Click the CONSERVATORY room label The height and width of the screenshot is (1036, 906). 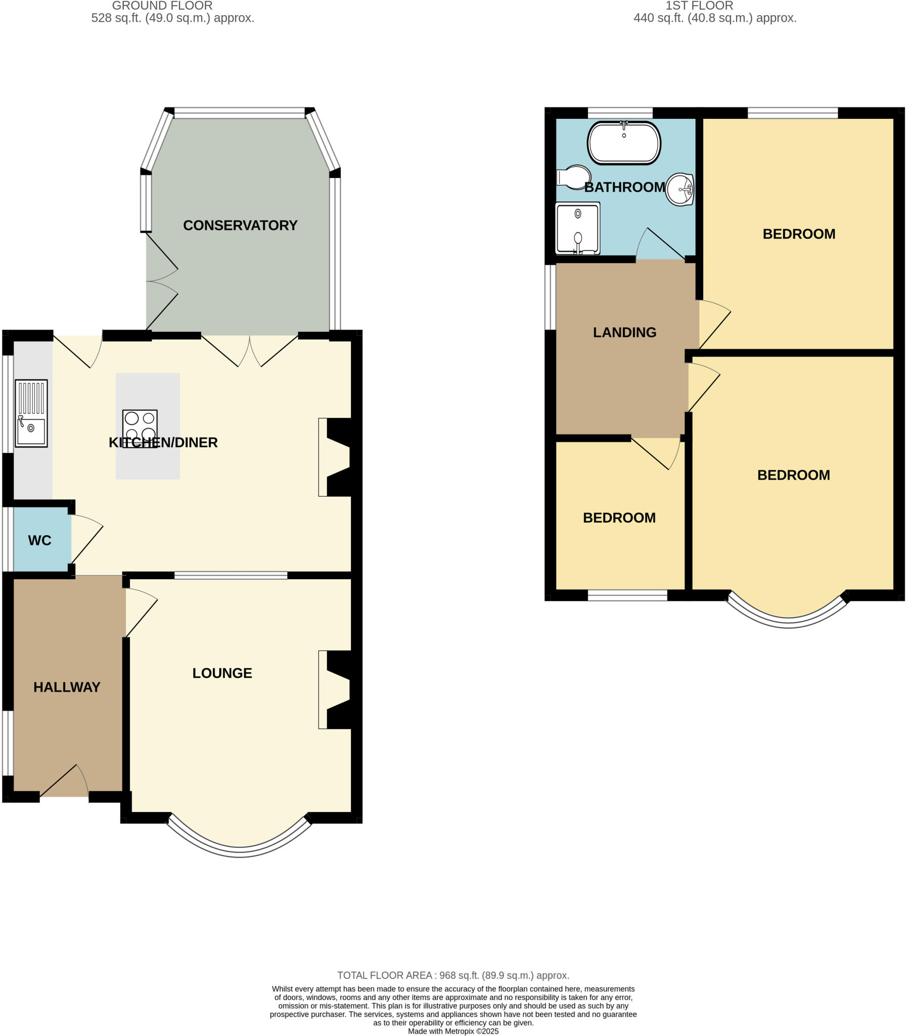[240, 226]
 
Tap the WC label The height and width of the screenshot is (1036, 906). [39, 541]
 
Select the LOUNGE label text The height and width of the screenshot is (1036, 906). [222, 673]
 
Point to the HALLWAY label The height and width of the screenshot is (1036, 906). [67, 687]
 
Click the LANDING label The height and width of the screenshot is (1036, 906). [624, 332]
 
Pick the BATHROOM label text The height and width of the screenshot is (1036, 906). [624, 188]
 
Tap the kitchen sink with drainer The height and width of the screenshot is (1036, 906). [31, 413]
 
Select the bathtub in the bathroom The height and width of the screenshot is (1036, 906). [624, 143]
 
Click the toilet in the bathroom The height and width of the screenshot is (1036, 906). [574, 177]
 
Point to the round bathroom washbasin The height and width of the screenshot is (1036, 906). [680, 190]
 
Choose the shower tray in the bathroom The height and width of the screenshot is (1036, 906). [577, 228]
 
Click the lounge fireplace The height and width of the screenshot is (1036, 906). [336, 689]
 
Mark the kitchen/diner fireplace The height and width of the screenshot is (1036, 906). [336, 457]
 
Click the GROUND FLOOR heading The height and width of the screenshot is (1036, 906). [162, 6]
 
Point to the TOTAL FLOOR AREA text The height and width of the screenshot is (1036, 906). [453, 975]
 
